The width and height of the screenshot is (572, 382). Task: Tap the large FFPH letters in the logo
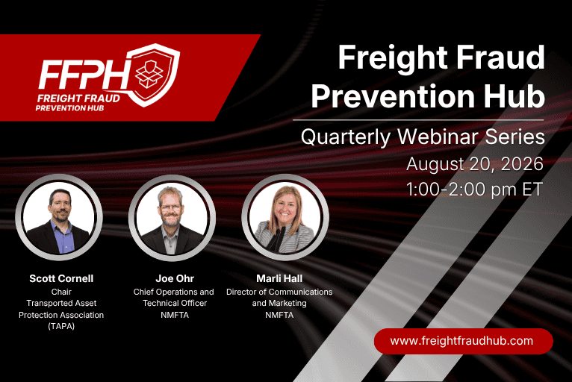83,75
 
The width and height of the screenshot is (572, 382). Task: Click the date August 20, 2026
475,163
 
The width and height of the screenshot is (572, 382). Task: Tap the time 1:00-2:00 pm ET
474,190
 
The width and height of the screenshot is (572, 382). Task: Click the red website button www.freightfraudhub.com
463,341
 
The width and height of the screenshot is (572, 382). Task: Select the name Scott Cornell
61,278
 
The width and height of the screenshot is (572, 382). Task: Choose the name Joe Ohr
175,278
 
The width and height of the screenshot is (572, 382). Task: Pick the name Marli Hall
279,278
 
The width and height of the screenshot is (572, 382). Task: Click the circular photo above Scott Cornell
59,217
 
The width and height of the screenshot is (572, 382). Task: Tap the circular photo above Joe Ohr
172,218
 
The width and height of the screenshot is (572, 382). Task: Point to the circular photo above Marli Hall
285,218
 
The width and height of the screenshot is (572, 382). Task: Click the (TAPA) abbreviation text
61,326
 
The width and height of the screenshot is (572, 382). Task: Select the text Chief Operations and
174,292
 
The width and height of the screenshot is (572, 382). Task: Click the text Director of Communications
279,292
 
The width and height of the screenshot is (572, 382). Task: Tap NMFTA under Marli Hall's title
279,315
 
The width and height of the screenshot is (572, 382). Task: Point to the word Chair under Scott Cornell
61,292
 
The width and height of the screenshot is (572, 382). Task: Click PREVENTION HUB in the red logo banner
69,108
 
